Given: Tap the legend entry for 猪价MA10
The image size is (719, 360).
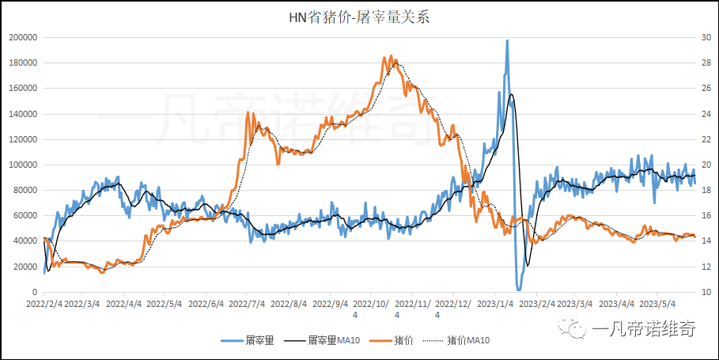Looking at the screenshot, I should [x=467, y=340].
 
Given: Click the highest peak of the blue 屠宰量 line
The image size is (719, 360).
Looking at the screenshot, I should [x=507, y=40].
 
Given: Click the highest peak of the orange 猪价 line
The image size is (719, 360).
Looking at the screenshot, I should [x=384, y=57].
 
